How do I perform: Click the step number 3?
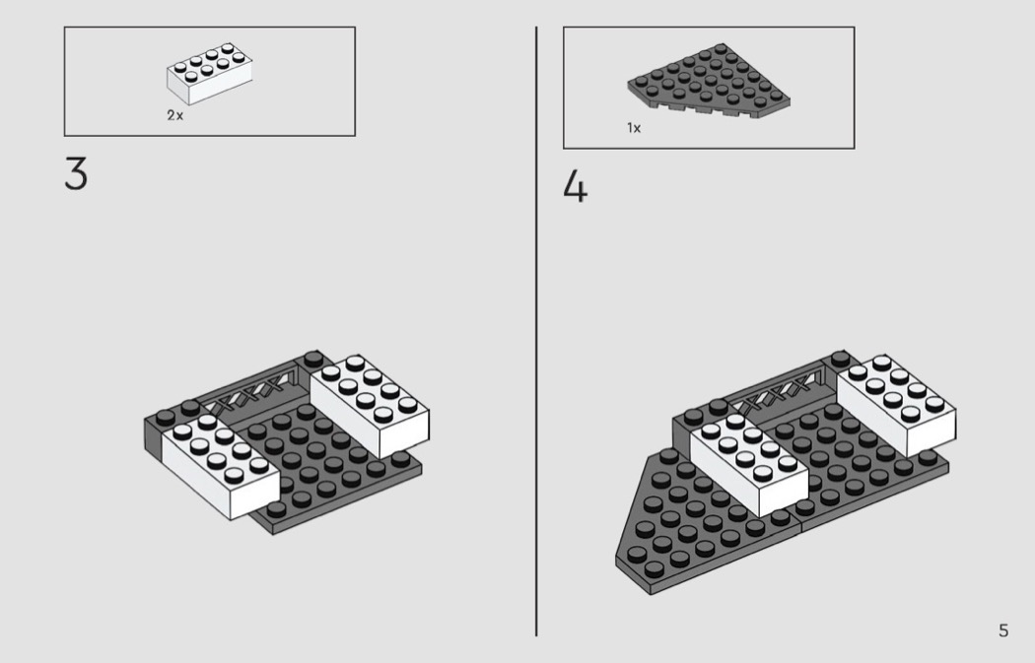tap(76, 173)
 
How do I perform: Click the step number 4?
tap(575, 186)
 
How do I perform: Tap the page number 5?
tap(1003, 630)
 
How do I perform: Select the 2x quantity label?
tap(174, 115)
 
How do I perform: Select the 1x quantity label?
tap(634, 128)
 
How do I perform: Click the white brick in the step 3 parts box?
tap(209, 74)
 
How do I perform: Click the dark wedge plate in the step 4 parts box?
tap(710, 79)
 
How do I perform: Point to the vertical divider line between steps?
tap(536, 331)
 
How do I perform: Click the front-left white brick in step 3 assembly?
tap(218, 465)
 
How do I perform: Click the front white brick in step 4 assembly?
tap(748, 464)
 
